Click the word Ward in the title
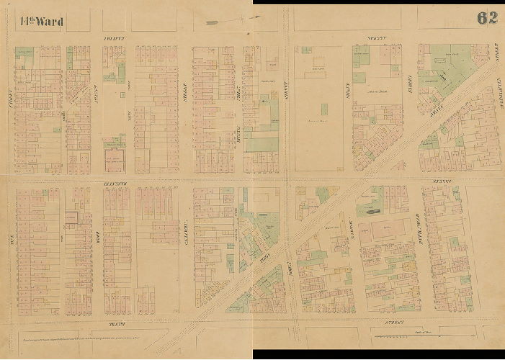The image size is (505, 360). coord(48,21)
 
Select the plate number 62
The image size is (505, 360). coord(486,18)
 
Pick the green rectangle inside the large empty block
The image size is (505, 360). coord(324,109)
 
